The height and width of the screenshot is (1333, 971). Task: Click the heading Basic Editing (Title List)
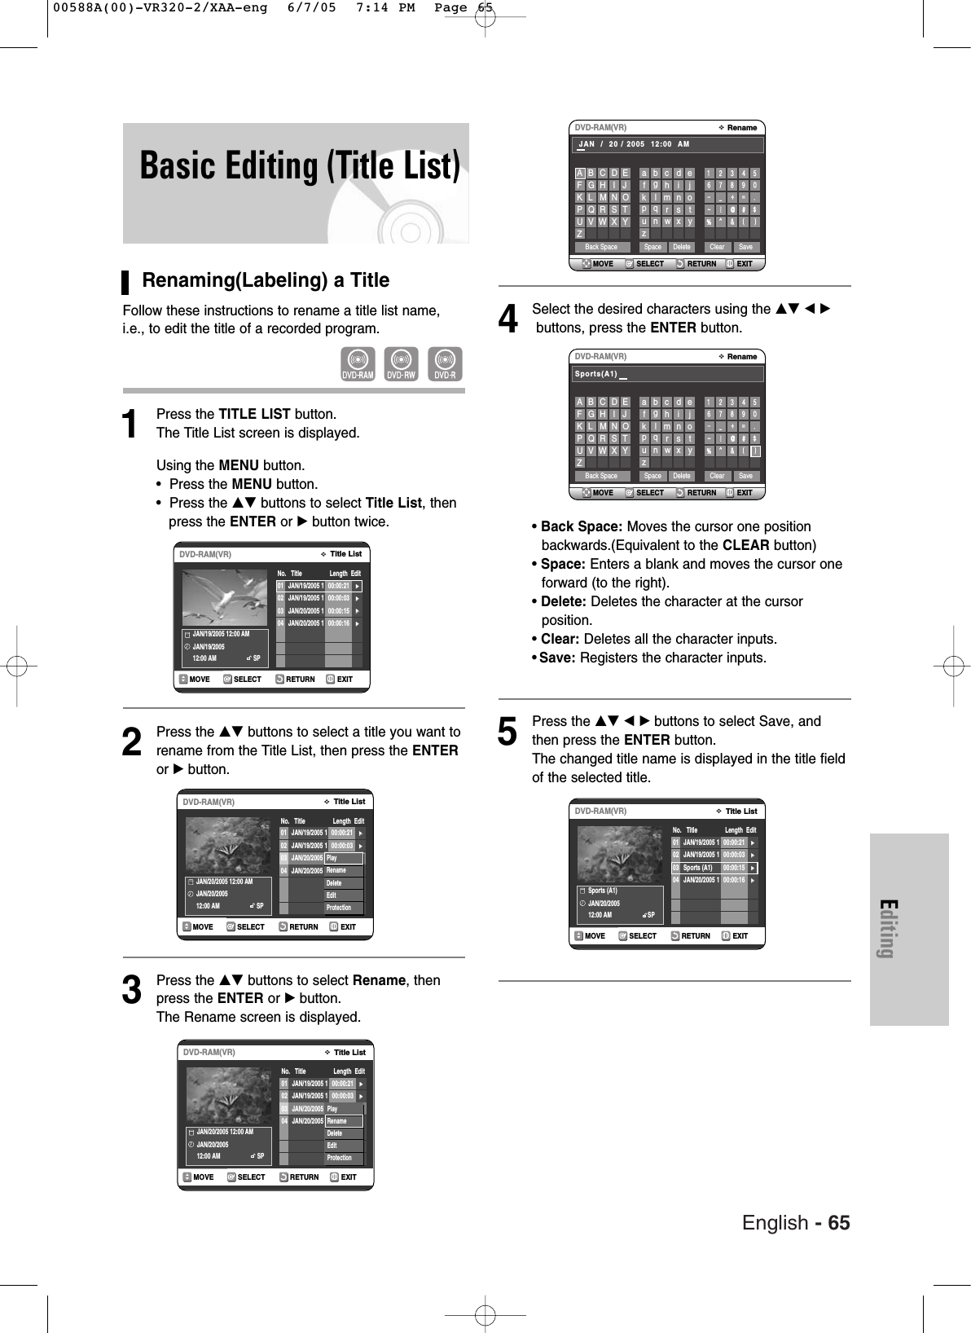pyautogui.click(x=299, y=166)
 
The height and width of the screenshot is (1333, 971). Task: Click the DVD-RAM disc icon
pyautogui.click(x=358, y=364)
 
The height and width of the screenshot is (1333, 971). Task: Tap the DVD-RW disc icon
pyautogui.click(x=401, y=364)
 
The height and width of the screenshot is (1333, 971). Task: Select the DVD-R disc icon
pyautogui.click(x=445, y=364)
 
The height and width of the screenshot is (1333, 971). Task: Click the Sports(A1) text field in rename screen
pyautogui.click(x=669, y=374)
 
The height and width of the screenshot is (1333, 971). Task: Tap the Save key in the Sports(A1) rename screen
pyautogui.click(x=745, y=476)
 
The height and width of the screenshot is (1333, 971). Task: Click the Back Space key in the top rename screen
pyautogui.click(x=601, y=247)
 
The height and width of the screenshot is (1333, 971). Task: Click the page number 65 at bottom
pyautogui.click(x=839, y=1224)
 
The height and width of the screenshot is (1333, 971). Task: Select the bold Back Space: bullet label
pyautogui.click(x=581, y=526)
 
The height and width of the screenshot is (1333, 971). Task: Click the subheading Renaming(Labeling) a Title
pyautogui.click(x=266, y=280)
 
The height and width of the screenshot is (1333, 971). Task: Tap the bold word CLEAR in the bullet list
pyautogui.click(x=746, y=545)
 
